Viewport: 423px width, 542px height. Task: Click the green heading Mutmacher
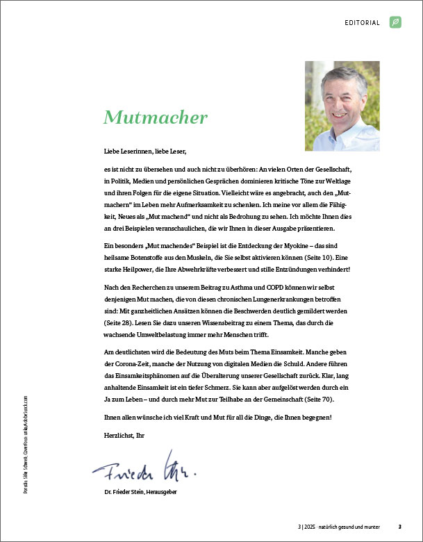tap(156, 117)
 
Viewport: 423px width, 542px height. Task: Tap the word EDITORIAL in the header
tap(362, 23)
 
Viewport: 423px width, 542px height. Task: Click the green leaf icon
tap(395, 23)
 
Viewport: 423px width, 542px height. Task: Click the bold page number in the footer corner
tap(399, 526)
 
